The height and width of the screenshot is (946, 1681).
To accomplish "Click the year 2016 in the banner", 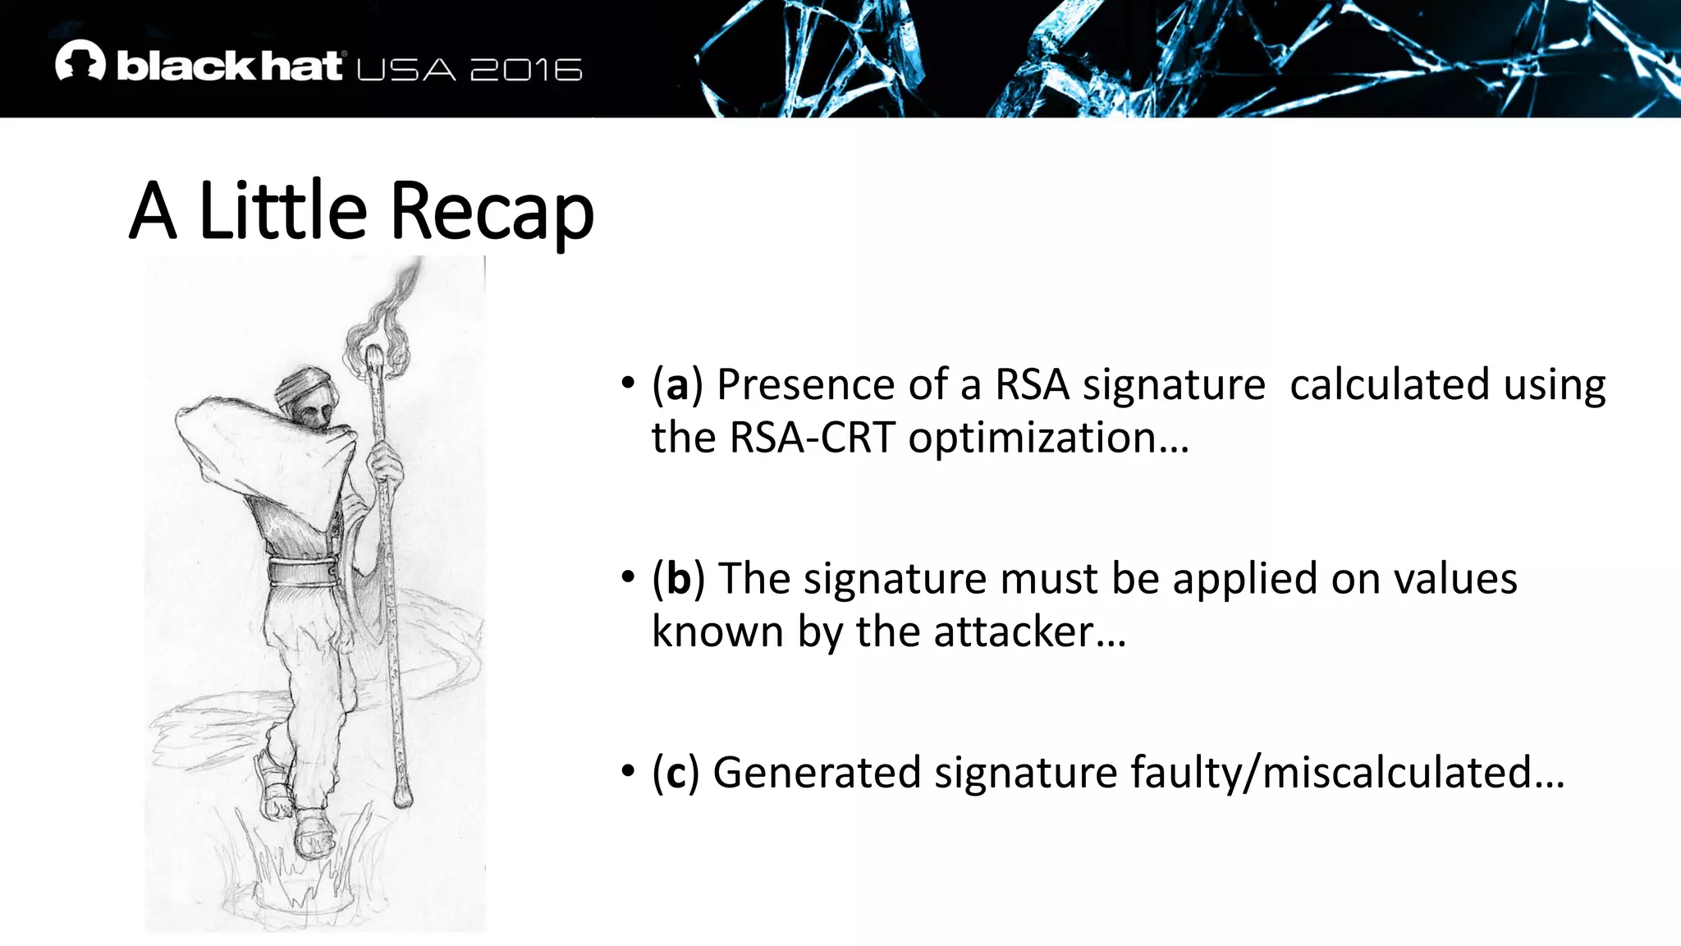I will tap(526, 70).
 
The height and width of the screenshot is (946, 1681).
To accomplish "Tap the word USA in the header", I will tap(406, 70).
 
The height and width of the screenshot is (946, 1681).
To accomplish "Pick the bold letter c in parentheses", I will tap(676, 773).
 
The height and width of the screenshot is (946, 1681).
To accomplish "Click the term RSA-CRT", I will tap(811, 438).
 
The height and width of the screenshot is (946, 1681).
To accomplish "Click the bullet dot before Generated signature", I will tap(628, 771).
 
